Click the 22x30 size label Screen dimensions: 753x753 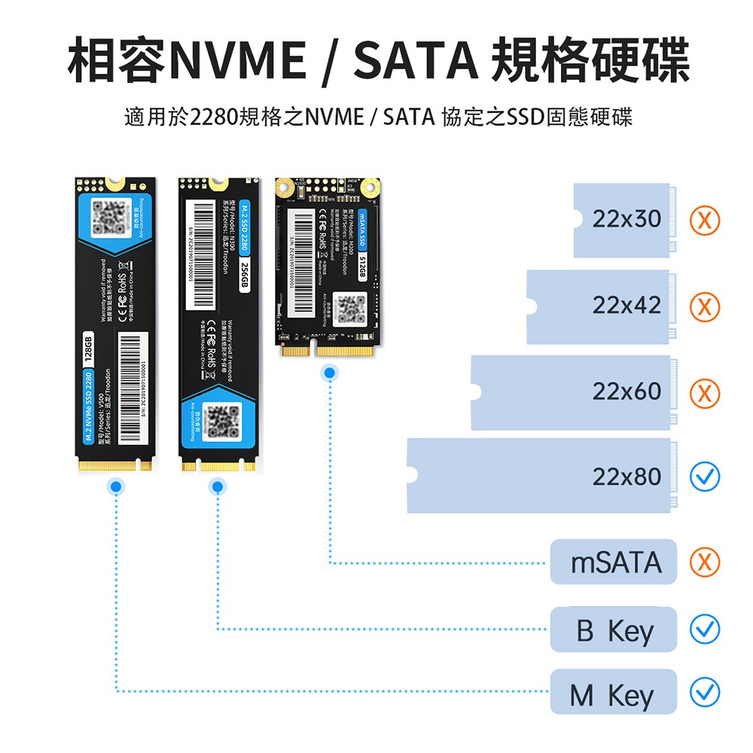pos(626,219)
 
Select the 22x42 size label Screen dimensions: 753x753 pos(626,306)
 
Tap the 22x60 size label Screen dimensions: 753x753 pos(626,392)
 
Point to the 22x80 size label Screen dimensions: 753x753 pos(626,477)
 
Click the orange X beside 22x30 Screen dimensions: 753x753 pos(706,220)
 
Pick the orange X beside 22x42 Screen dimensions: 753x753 pos(706,307)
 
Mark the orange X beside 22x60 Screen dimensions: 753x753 pos(706,393)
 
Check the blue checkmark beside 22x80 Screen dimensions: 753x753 pos(706,477)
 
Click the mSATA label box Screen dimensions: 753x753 pos(614,562)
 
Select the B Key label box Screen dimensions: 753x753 pos(614,630)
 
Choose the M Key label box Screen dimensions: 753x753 pos(614,693)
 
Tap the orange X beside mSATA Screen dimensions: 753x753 pos(706,562)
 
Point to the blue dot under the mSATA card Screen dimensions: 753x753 pos(328,372)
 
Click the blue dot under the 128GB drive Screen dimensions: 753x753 pos(115,488)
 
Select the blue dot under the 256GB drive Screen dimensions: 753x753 pos(218,488)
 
